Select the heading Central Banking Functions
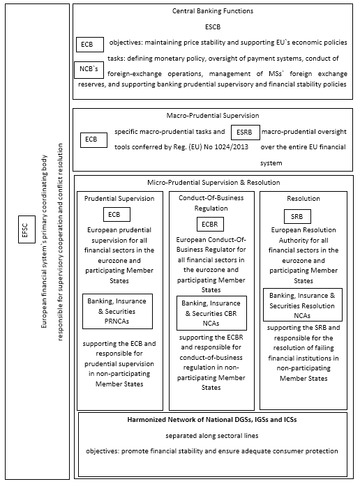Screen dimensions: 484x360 click(x=213, y=11)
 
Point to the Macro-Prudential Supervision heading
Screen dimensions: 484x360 click(x=213, y=114)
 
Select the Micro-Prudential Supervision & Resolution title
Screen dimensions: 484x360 click(x=213, y=182)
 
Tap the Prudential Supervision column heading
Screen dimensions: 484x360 click(x=119, y=199)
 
